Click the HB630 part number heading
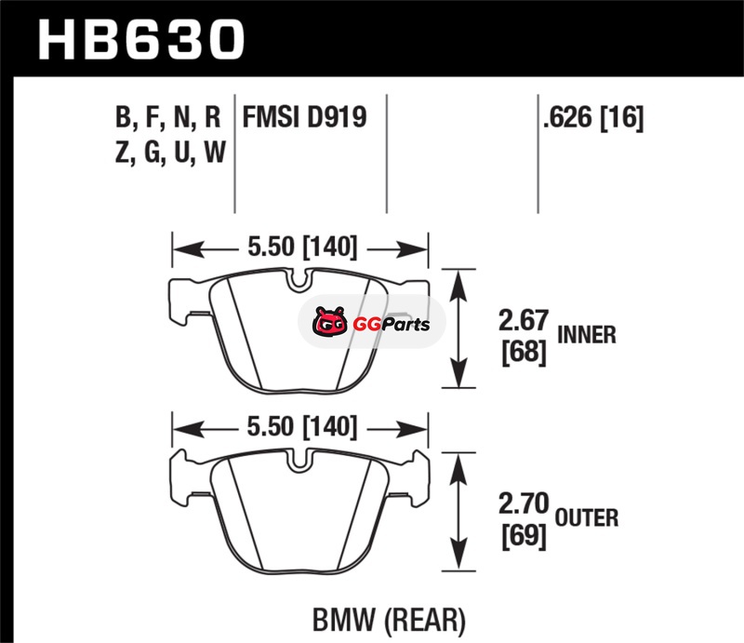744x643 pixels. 141,40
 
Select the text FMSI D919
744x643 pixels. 305,117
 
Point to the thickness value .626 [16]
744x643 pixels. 593,117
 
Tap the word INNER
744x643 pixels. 587,335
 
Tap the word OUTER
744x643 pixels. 587,517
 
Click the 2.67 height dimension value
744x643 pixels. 524,320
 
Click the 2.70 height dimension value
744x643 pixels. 524,503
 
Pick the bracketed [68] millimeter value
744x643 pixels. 524,353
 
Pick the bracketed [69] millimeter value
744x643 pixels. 524,536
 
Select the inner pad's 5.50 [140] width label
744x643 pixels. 302,247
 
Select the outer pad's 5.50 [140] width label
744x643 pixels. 302,427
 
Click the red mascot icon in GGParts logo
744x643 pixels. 329,322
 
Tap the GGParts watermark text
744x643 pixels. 392,325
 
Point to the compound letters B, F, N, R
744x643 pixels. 168,118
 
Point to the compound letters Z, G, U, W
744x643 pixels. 170,153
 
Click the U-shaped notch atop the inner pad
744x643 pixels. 299,279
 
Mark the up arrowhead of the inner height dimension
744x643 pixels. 458,285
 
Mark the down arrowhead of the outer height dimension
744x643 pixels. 458,555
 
